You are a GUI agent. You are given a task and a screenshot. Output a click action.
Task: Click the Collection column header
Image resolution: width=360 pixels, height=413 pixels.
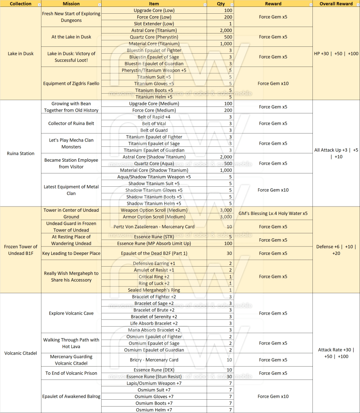[21, 4]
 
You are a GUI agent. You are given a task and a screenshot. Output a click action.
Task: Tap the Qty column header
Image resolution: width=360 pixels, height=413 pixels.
[221, 4]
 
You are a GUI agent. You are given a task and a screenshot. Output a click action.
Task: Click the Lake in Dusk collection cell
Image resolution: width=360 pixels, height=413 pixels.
[21, 54]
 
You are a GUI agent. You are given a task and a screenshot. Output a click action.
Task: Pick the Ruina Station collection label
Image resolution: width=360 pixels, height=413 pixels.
[21, 153]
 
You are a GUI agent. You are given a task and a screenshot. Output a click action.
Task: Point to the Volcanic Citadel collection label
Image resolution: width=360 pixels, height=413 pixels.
[21, 353]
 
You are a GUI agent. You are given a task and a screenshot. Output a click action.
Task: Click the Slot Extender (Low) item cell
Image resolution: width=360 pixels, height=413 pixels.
[154, 24]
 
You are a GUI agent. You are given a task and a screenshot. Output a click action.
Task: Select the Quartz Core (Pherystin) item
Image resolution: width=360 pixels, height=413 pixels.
[154, 37]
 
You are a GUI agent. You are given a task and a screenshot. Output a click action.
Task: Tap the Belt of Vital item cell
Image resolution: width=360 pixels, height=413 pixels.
[154, 124]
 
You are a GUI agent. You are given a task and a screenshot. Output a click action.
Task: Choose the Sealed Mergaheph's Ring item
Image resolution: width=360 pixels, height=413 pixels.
[154, 290]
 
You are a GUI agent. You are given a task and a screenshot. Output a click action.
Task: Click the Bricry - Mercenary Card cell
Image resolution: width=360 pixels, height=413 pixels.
[154, 360]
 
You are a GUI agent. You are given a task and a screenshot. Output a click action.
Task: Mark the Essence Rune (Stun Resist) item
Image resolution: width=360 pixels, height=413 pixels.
[154, 377]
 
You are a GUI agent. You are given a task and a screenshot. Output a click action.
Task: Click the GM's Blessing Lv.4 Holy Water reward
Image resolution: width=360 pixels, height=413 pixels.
[273, 213]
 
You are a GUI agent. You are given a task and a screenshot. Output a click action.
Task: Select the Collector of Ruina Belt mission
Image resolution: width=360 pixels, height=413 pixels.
[71, 124]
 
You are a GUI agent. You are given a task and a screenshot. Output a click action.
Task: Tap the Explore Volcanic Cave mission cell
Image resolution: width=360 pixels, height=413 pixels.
[71, 313]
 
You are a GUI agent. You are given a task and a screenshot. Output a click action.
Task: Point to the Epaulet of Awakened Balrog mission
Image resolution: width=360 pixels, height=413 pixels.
[71, 396]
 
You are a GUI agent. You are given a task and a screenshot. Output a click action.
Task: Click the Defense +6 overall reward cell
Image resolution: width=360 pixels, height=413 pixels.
[336, 250]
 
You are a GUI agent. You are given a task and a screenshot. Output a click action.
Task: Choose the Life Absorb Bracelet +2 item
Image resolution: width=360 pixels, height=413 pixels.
[154, 323]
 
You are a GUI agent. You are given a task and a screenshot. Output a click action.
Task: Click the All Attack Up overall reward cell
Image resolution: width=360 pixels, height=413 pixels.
[336, 153]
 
